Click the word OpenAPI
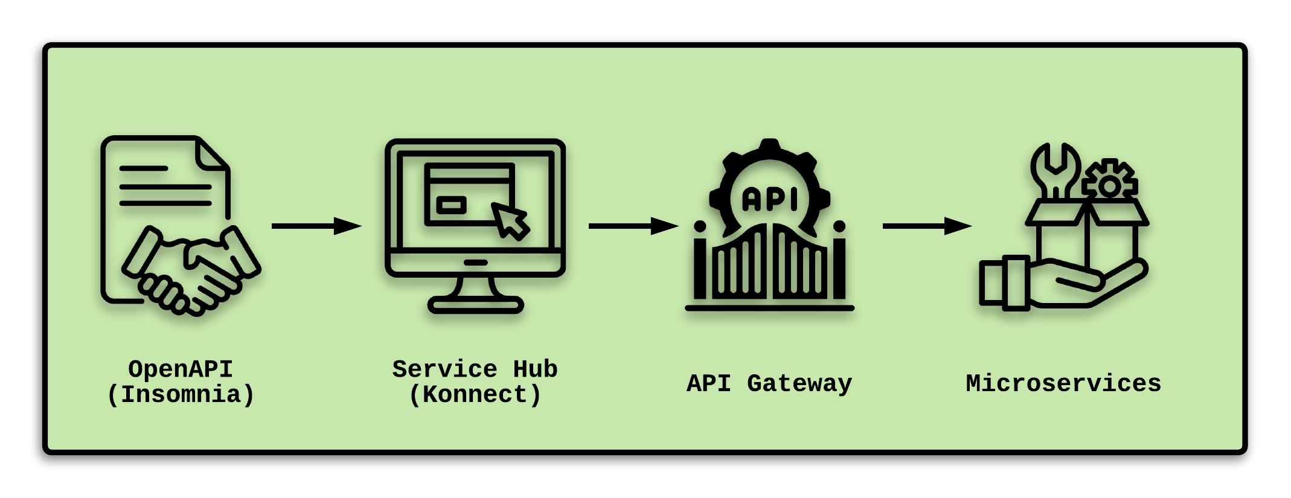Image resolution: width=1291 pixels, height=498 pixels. point(181,369)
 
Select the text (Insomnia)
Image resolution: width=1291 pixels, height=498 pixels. point(181,395)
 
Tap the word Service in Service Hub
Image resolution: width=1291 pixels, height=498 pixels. point(444,369)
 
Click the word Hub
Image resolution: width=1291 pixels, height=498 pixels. point(535,369)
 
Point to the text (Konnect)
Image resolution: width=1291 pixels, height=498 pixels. point(475,395)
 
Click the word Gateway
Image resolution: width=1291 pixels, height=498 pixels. point(799,383)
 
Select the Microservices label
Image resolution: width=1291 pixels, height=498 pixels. point(1063,383)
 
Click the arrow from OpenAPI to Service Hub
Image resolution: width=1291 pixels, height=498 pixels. point(316,226)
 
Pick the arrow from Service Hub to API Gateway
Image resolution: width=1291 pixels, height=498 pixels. point(633,226)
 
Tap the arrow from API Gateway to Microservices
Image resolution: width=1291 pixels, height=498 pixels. point(927,226)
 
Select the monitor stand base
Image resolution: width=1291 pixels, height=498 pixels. point(475,304)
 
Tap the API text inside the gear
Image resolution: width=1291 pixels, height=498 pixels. point(769,199)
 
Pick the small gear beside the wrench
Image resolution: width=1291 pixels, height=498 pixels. point(1109,184)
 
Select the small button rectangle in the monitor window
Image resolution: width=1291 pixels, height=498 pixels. point(451,205)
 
